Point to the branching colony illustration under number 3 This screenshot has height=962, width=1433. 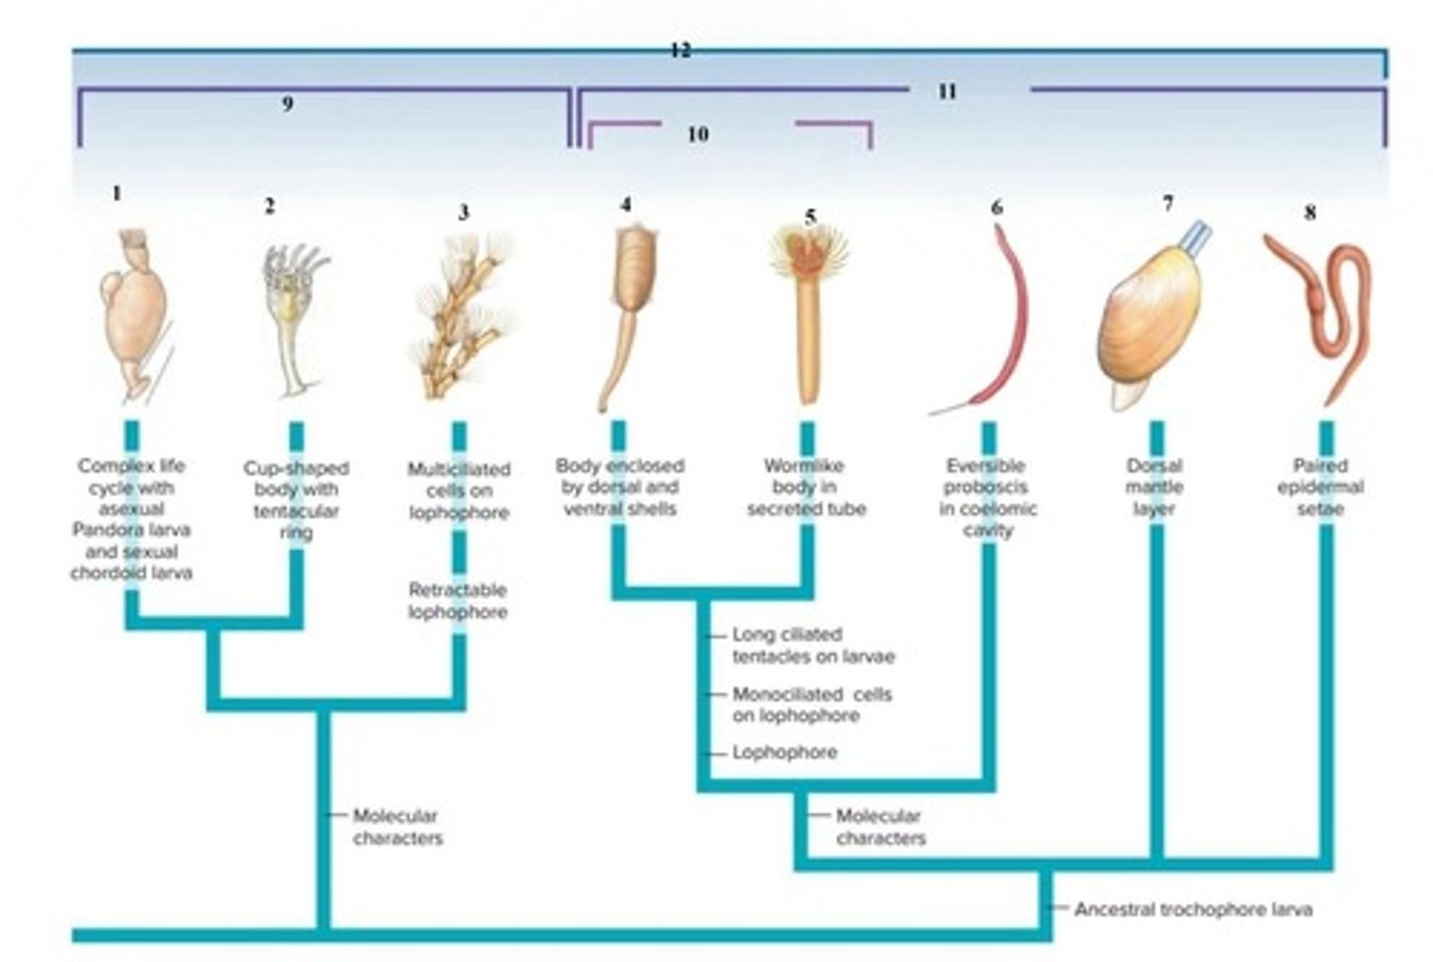(x=464, y=316)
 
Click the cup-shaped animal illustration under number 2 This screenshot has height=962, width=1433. (x=296, y=319)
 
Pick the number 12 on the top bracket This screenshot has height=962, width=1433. (x=681, y=50)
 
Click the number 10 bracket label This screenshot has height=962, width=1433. (x=698, y=134)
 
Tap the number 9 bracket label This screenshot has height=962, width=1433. (x=288, y=103)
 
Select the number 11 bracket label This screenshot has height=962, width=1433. (x=947, y=92)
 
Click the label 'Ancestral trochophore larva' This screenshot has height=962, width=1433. (x=1194, y=909)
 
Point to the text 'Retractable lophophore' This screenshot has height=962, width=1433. (x=458, y=601)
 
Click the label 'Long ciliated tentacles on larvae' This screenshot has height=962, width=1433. (x=813, y=646)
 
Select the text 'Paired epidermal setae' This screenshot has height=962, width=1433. (x=1321, y=487)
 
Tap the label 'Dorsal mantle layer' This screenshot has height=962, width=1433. (x=1154, y=487)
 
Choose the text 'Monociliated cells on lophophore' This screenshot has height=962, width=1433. (x=812, y=705)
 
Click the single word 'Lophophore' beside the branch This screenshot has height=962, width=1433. (x=785, y=752)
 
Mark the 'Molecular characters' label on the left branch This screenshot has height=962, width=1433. (x=398, y=827)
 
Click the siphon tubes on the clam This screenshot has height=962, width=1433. (x=1194, y=237)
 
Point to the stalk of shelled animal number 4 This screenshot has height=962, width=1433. (x=617, y=358)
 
